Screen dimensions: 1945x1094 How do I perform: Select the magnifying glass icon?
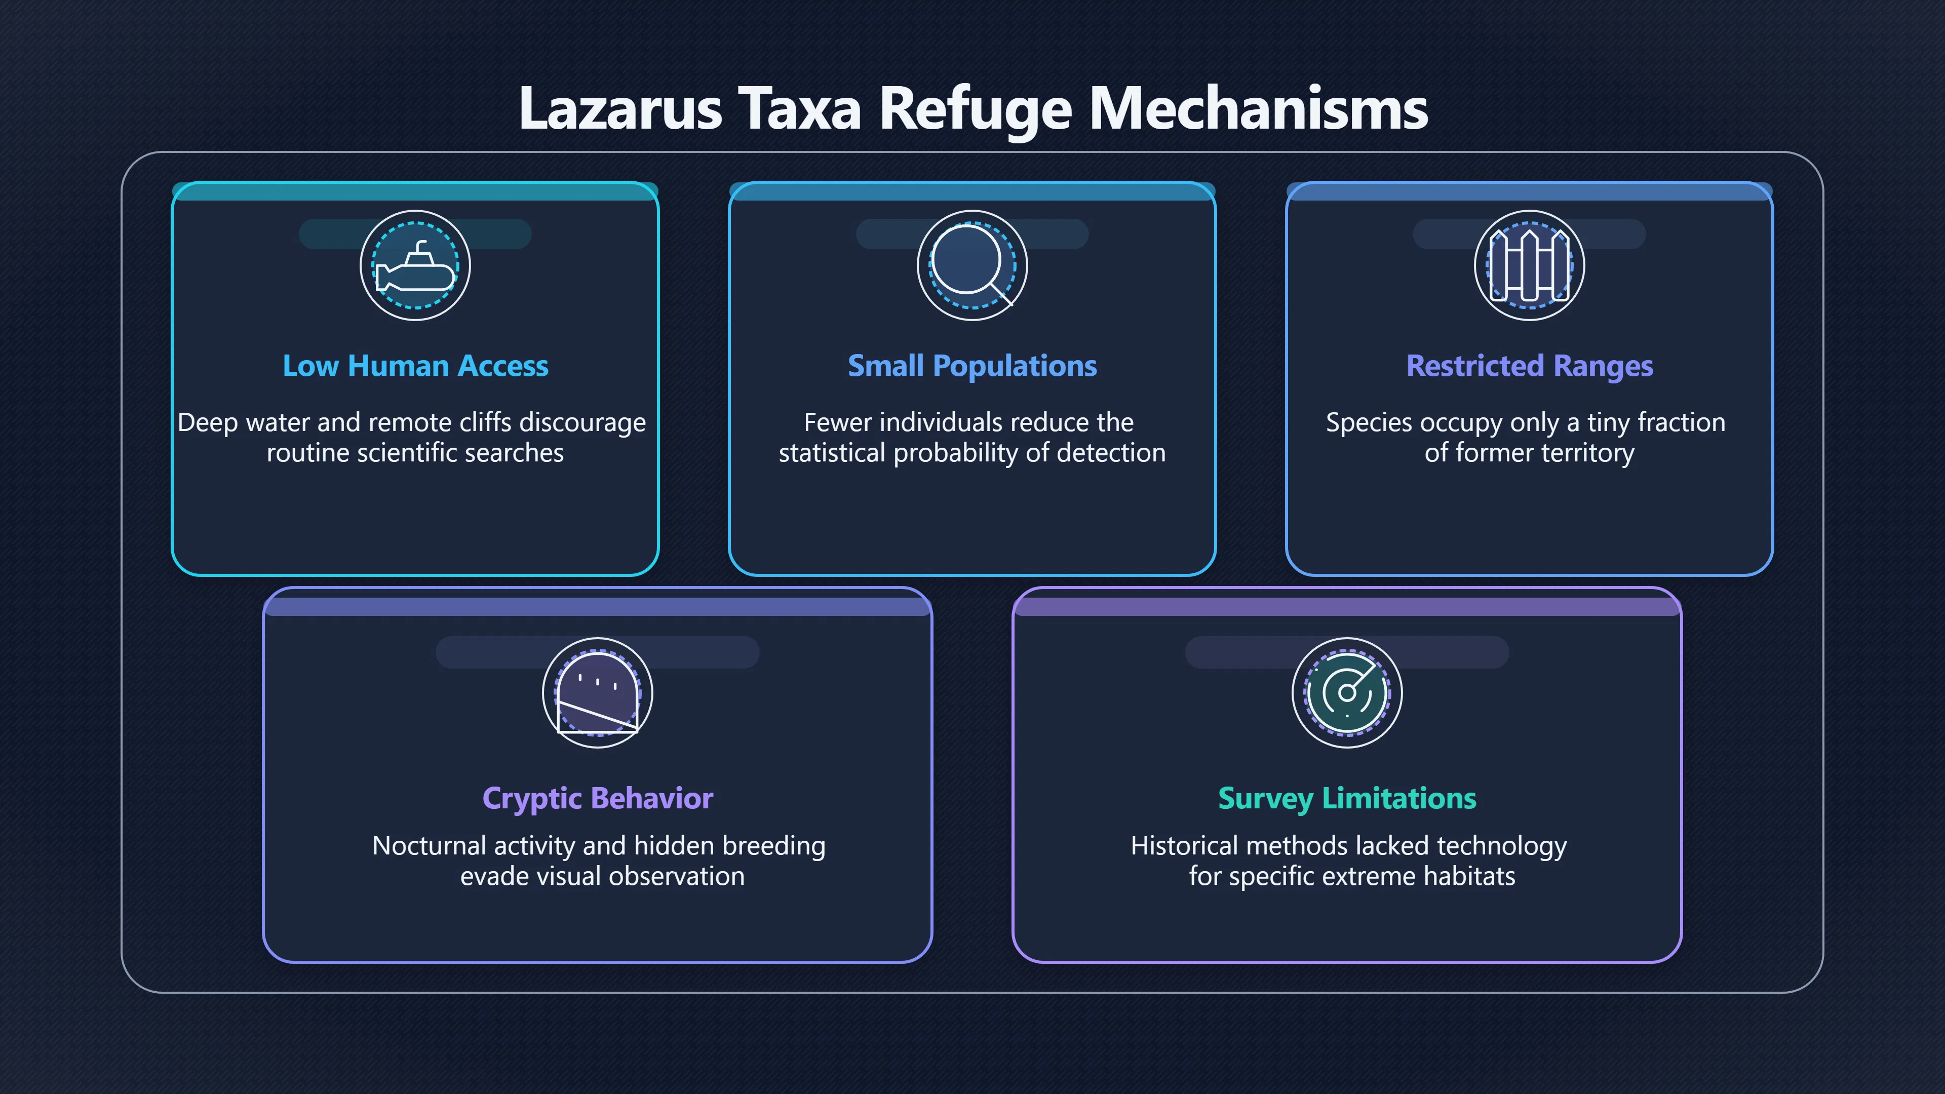(x=972, y=266)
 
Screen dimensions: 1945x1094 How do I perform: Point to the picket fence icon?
(x=1530, y=266)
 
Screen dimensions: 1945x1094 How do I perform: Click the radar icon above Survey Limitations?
(x=1347, y=693)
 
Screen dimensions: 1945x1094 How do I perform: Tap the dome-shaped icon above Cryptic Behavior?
(x=597, y=693)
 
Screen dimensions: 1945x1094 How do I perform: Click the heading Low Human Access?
(x=415, y=366)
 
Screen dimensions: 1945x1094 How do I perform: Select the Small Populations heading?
(x=972, y=367)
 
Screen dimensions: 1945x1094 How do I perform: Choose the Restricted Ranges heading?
(x=1530, y=367)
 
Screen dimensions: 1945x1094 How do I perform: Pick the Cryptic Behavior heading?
(x=597, y=799)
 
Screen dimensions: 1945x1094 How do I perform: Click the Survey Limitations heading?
(x=1347, y=799)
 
